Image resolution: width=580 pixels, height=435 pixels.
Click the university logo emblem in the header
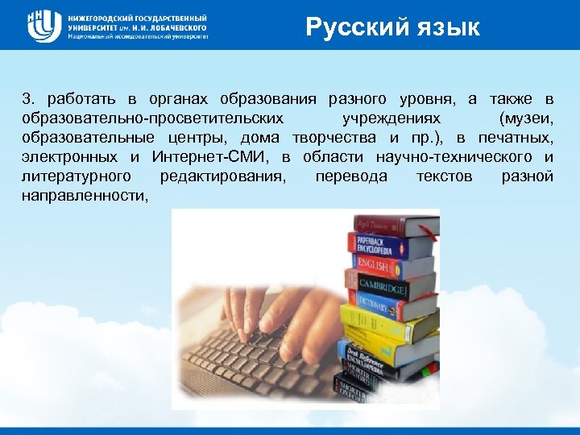[44, 26]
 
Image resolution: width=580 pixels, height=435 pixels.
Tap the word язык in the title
[445, 28]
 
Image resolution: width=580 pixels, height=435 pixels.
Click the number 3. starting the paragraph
[29, 99]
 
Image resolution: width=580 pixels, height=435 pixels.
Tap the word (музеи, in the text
[526, 118]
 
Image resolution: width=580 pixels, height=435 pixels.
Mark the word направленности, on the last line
[85, 195]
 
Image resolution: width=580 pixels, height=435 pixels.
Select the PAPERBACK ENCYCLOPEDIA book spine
[379, 245]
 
